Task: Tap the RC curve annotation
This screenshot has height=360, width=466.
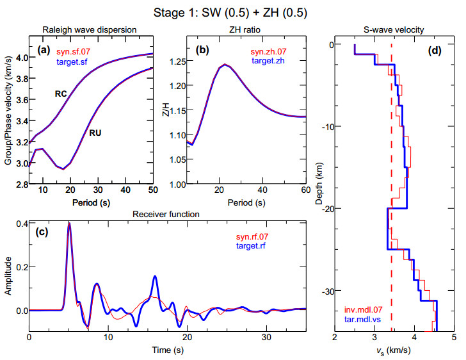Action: tap(61, 94)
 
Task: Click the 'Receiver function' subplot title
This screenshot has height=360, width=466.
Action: tap(165, 215)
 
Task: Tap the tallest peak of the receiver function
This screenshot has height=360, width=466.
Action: tap(69, 224)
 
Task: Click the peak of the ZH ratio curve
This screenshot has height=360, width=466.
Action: tap(225, 64)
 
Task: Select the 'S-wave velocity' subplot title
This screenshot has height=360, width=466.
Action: tap(393, 29)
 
